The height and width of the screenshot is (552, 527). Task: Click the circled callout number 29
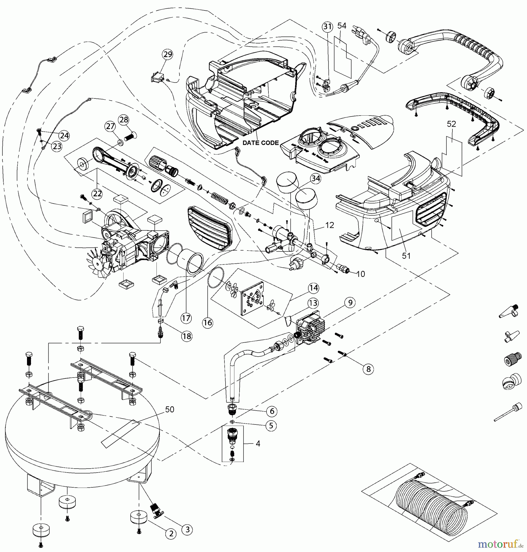click(167, 55)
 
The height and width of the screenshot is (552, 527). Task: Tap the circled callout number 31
click(327, 27)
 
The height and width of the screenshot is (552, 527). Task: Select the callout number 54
click(342, 26)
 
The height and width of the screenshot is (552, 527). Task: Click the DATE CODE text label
click(260, 143)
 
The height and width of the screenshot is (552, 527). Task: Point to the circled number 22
click(97, 194)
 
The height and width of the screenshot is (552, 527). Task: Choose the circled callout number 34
click(315, 178)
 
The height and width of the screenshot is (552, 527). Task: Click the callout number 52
click(451, 124)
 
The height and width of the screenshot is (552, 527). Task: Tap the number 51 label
click(406, 256)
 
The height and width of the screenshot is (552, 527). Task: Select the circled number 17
click(186, 318)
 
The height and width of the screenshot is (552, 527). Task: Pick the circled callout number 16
click(208, 322)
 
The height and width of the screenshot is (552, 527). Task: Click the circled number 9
click(350, 302)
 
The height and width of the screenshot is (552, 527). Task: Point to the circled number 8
click(368, 369)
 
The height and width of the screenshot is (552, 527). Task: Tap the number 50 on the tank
click(170, 409)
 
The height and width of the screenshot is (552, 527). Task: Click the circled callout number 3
click(187, 529)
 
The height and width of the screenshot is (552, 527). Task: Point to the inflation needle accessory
click(508, 412)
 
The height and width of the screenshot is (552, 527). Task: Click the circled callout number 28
click(124, 120)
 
